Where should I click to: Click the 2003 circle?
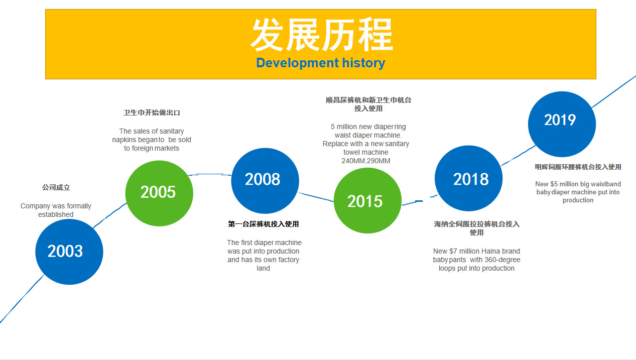pos(69,252)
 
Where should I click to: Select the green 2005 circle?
pos(159,193)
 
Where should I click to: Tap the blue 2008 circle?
pos(265,181)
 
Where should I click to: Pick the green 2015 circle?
pos(367,200)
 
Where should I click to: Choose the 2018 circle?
pos(468,178)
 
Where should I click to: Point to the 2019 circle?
pos(562,124)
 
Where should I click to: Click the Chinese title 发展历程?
pos(321,35)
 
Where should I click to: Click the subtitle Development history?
pos(321,63)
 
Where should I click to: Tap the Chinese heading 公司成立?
pos(56,187)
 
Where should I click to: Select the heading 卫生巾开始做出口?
pos(152,112)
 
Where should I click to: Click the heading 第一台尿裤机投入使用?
pos(263,224)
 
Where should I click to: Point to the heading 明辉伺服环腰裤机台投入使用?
pos(578,167)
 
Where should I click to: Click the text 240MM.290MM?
pos(366,161)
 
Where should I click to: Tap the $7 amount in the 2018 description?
pos(453,251)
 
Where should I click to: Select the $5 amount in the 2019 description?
pos(554,184)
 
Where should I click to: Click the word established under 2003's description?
pos(56,214)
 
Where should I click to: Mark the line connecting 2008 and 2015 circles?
pos(316,197)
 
